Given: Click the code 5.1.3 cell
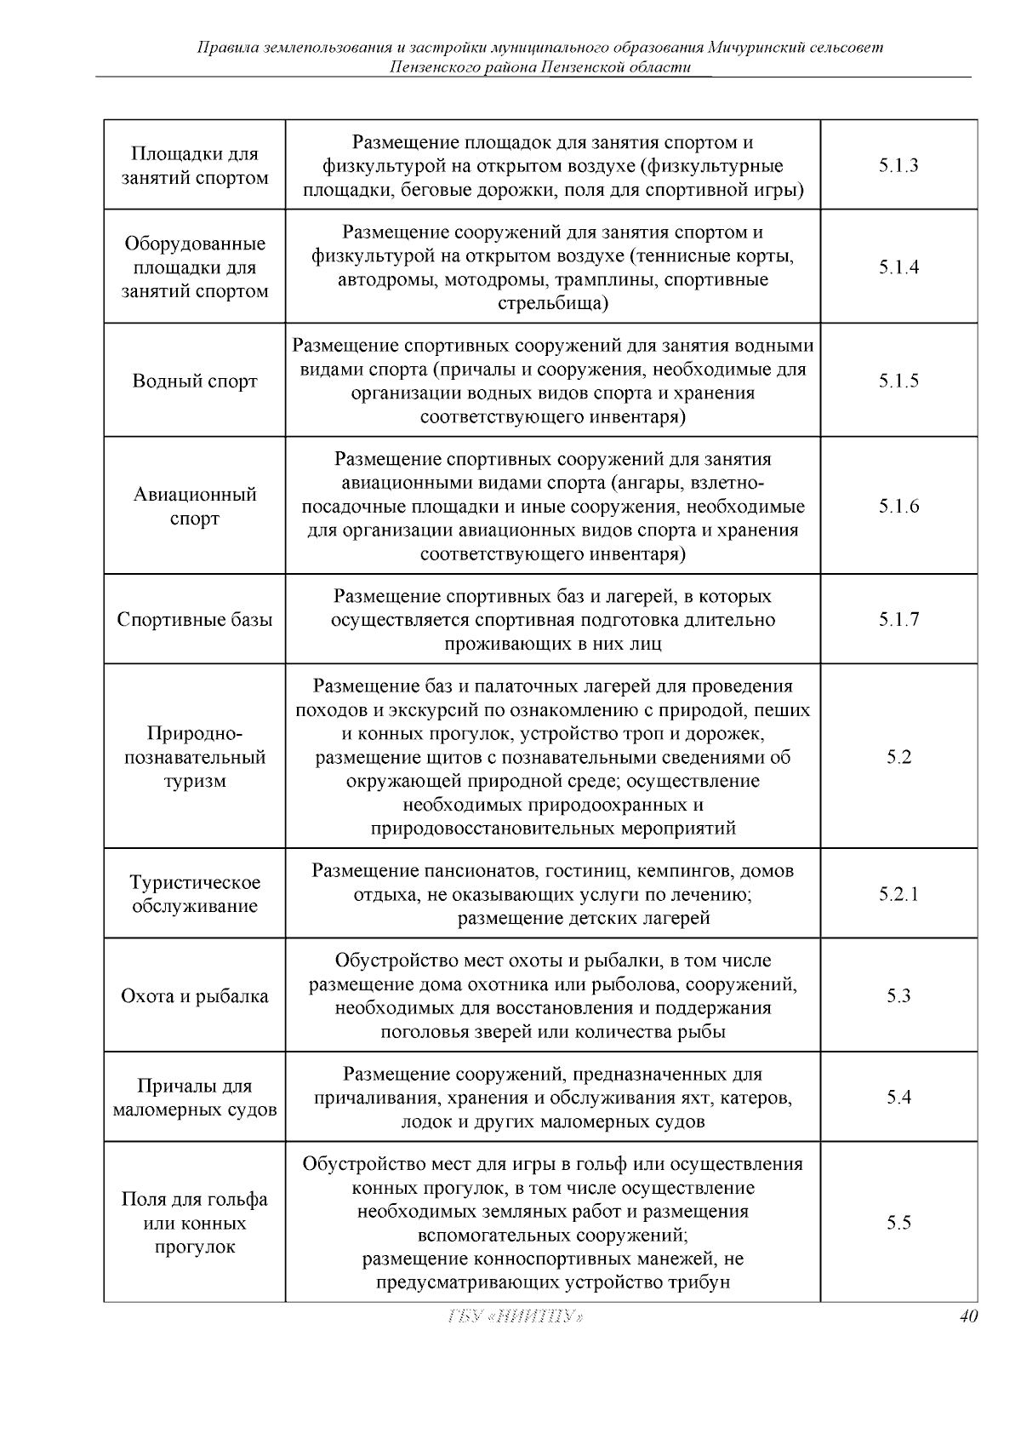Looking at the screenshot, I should coord(898,165).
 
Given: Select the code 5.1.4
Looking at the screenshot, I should coord(898,267).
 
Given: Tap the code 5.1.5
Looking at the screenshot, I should coord(898,381).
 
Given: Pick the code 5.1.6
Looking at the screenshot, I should coord(898,507).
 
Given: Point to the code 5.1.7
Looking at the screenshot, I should coord(898,619).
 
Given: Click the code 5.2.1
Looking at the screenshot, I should coord(898,894).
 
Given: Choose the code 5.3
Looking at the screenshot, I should coord(898,995).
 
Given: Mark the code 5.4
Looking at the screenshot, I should coord(898,1098).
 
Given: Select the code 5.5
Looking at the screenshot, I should coord(898,1223).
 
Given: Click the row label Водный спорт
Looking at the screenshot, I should coord(195,381).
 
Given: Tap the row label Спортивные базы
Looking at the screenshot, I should coord(195,619).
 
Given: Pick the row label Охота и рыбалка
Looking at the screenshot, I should coord(195,995).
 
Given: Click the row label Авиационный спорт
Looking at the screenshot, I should coord(195,507).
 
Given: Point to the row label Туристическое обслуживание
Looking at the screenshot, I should coord(195,894).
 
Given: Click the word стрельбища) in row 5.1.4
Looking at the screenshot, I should coord(553,304).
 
